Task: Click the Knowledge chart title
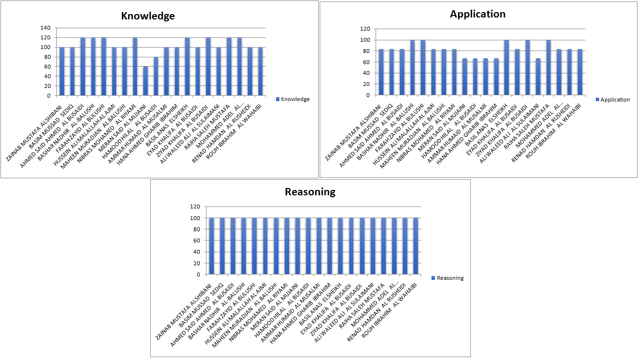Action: [x=148, y=16]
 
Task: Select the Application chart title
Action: [x=478, y=14]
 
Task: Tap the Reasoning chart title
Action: [x=310, y=192]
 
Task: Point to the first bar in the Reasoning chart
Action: [x=211, y=246]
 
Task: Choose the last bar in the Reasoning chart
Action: [x=416, y=246]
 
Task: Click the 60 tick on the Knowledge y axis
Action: [x=47, y=67]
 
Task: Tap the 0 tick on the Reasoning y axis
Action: [x=198, y=274]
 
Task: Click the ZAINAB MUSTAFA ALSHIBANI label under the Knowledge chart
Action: [x=34, y=132]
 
